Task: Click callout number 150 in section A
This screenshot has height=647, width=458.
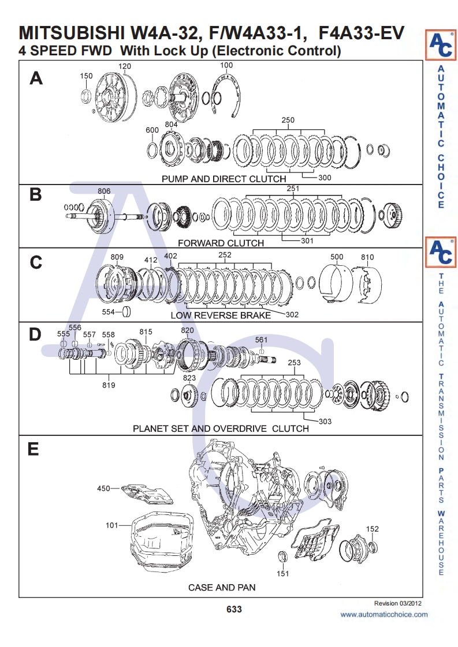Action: tap(86, 76)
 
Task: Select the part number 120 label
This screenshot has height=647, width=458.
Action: tap(125, 66)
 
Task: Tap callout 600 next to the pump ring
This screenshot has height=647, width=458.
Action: tap(152, 130)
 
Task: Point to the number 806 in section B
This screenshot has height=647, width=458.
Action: tap(104, 191)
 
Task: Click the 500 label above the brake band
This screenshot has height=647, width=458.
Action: tap(337, 257)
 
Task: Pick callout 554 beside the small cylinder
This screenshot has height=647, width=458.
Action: tap(109, 312)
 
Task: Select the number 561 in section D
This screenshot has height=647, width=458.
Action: tap(261, 340)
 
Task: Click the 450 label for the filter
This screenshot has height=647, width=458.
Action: tap(103, 488)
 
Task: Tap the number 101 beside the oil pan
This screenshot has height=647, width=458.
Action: tap(111, 525)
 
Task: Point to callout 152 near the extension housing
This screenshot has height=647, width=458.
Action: tap(373, 529)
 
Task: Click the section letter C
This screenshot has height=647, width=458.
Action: tap(36, 262)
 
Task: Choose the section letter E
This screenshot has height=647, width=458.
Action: tap(33, 449)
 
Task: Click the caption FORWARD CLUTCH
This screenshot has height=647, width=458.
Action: tap(221, 243)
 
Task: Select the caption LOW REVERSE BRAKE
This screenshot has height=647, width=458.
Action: tap(220, 315)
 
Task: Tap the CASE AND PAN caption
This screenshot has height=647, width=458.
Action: tap(222, 588)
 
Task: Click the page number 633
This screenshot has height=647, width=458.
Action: tap(234, 610)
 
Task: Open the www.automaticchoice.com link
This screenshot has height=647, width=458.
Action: tap(384, 615)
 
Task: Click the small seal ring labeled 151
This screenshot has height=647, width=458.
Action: tap(283, 557)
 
